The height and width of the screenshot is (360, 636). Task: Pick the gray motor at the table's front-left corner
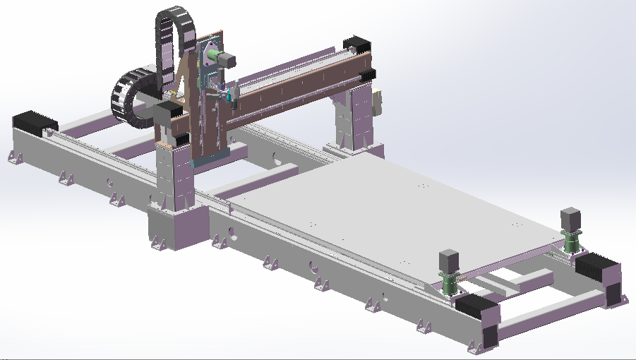(448, 260)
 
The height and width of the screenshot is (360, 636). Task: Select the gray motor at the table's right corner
(570, 218)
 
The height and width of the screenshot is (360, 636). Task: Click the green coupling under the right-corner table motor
(570, 240)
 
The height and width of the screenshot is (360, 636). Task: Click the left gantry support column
(174, 176)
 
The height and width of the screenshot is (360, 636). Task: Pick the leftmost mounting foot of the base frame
(13, 157)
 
